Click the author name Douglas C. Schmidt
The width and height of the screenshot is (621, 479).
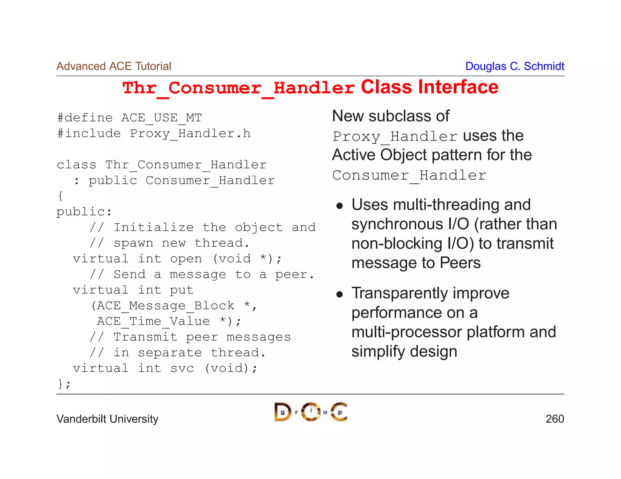pos(515,66)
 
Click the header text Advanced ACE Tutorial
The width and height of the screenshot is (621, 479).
pos(114,66)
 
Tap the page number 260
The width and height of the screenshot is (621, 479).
pos(555,419)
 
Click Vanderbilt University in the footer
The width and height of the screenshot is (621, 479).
pos(107,419)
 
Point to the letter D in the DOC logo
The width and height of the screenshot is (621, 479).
pos(282,412)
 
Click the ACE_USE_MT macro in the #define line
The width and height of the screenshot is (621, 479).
pos(162,118)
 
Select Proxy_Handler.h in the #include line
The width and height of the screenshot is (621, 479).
pos(190,134)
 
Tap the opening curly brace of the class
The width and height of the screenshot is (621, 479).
pos(60,196)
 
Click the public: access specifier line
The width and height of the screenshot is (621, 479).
pos(84,212)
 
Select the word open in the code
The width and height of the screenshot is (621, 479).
pos(186,259)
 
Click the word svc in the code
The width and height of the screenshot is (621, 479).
pos(182,368)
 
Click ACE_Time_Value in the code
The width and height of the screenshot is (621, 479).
pos(153,321)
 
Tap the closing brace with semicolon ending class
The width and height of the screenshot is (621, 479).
pos(64,384)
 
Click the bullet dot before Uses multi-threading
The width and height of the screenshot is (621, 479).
pos(340,206)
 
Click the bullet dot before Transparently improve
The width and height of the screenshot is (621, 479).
pos(340,294)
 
